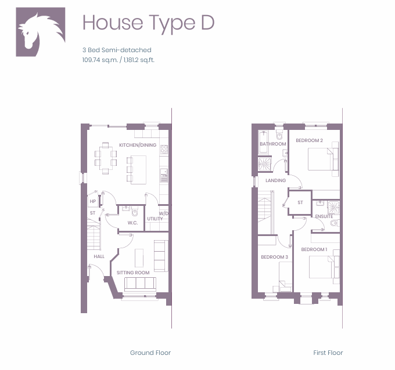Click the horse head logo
41,32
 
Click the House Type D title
148,23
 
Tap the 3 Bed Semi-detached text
117,50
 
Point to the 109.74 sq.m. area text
100,60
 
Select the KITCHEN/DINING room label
138,145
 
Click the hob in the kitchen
164,150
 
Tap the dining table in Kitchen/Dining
106,158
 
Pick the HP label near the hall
93,201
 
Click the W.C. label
132,223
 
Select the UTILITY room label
155,219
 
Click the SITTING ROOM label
133,273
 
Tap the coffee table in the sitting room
139,258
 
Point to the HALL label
99,256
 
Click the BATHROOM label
273,144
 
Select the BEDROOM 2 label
309,140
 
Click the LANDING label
275,180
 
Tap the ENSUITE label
324,216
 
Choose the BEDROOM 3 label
274,257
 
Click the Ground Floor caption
150,353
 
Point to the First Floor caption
328,353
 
